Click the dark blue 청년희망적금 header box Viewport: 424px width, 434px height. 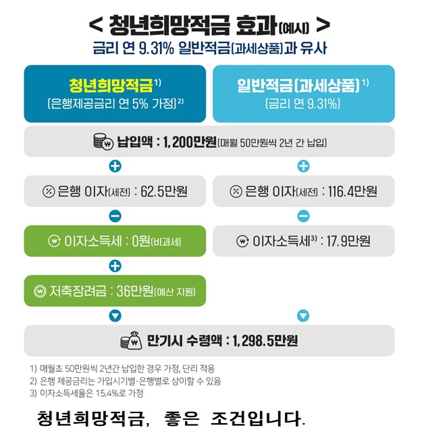[115, 93]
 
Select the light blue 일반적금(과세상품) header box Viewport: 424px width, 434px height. [303, 93]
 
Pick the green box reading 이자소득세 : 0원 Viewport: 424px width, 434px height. [115, 241]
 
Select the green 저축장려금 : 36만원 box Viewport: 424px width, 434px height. [115, 291]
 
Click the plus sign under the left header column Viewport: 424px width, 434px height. [115, 167]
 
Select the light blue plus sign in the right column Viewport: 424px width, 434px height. [303, 167]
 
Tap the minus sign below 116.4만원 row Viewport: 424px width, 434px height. [303, 216]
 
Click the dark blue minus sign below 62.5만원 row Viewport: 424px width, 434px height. [115, 216]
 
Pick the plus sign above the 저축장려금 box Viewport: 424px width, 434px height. [115, 266]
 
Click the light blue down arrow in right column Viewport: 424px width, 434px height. [303, 315]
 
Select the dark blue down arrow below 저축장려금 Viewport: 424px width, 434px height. [115, 315]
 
